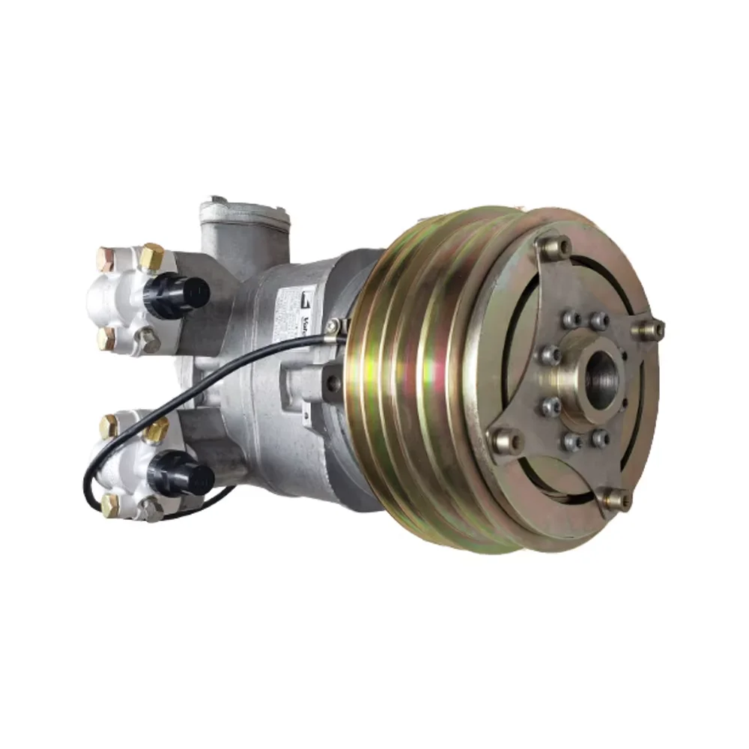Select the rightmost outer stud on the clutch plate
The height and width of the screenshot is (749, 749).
click(x=651, y=328)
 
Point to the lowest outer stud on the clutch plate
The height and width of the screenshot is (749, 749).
click(x=616, y=497)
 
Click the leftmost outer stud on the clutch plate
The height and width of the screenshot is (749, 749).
click(x=504, y=440)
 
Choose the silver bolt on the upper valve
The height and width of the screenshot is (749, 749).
click(x=149, y=342)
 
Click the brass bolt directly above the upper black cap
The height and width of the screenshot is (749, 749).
click(x=152, y=255)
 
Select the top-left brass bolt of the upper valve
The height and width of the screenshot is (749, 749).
click(x=106, y=259)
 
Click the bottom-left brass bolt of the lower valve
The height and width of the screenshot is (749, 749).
click(x=109, y=504)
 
